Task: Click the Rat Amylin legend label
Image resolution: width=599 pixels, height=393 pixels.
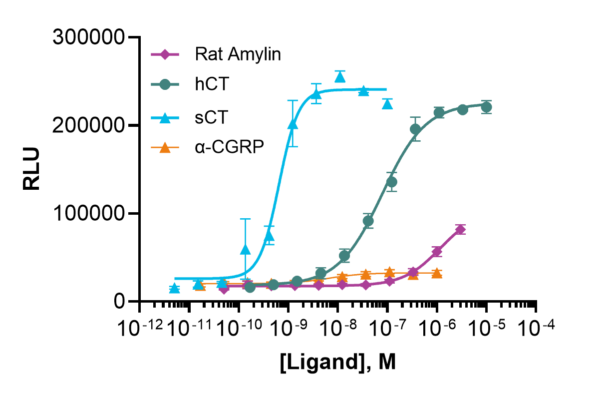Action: (238, 54)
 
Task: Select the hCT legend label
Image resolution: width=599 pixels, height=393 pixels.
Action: (212, 84)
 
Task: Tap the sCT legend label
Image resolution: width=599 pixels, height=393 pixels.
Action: (212, 117)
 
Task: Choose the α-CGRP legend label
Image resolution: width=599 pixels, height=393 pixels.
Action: (230, 147)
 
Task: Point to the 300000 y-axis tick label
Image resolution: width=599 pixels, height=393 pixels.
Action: (89, 37)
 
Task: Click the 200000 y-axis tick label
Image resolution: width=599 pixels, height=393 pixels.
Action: (89, 125)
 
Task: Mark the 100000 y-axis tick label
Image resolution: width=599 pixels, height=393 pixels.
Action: (89, 214)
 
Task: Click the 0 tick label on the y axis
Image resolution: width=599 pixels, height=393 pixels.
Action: (119, 302)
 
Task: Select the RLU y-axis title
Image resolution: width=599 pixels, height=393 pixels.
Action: (31, 169)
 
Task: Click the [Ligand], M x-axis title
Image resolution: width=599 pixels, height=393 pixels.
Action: (338, 362)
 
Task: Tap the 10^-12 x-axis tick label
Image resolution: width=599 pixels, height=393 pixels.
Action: (140, 328)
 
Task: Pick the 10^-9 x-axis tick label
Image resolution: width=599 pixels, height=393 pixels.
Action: (289, 328)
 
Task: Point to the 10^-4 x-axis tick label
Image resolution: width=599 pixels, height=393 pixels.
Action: (537, 328)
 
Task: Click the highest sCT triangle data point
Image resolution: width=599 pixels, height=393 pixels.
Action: (340, 77)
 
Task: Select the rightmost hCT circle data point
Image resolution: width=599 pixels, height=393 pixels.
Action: (486, 107)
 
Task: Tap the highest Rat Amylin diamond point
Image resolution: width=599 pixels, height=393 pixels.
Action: (460, 229)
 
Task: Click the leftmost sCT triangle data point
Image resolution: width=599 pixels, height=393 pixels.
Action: (174, 288)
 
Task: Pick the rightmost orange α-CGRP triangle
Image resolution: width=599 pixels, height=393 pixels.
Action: (437, 273)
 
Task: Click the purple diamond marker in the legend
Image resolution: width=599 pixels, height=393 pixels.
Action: (165, 54)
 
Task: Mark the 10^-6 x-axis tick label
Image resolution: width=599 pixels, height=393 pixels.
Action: (437, 328)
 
